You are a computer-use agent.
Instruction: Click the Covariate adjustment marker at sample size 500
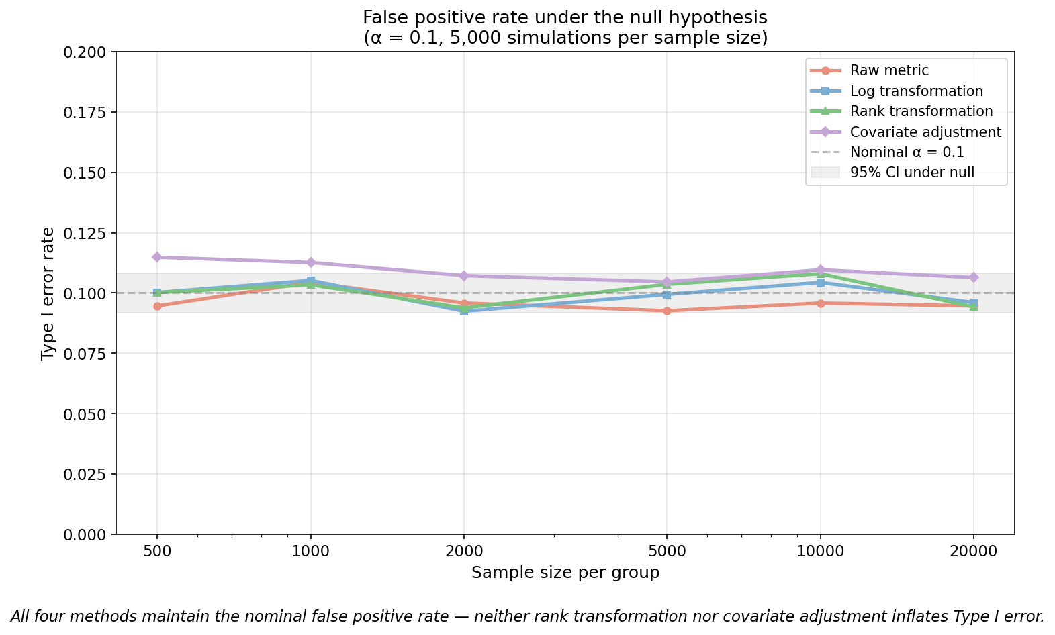tap(157, 257)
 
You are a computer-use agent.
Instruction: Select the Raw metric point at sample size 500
tap(157, 306)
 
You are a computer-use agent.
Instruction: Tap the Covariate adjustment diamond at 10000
tap(820, 270)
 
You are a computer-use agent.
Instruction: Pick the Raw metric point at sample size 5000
tap(666, 311)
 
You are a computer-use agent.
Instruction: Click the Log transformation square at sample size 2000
tap(464, 311)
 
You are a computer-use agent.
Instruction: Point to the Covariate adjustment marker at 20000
tap(974, 277)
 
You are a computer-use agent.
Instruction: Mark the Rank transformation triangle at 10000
tap(820, 274)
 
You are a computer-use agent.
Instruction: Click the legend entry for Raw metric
tap(889, 70)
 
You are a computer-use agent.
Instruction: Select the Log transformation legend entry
tap(916, 91)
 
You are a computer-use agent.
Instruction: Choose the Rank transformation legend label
tap(921, 111)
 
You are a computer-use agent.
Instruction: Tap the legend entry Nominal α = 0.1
tap(907, 152)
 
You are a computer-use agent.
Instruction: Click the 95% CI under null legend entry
tap(912, 173)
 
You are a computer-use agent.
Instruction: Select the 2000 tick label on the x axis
tap(464, 552)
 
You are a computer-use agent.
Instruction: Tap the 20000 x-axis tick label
tap(974, 552)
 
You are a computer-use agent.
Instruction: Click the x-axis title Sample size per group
tap(565, 573)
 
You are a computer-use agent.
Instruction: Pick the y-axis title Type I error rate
tap(48, 293)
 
